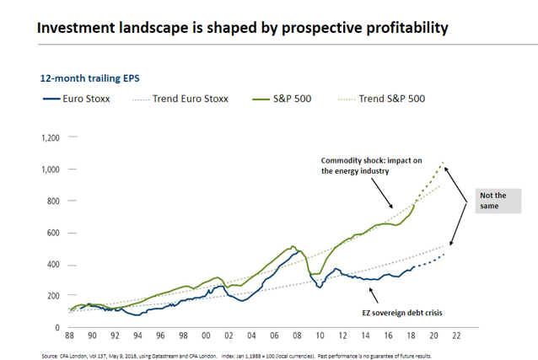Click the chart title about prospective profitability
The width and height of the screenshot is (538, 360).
(241, 29)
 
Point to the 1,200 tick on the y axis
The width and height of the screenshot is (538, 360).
(51, 138)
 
